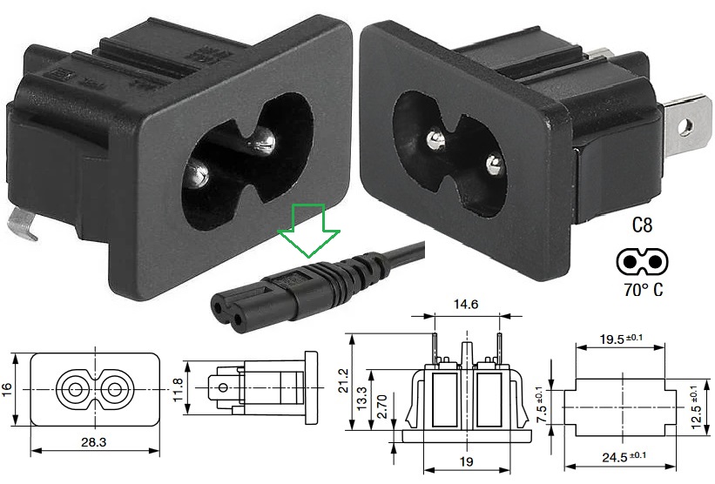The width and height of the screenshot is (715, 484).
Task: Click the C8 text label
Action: [642, 227]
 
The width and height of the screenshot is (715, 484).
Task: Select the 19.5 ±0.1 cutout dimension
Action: [624, 339]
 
